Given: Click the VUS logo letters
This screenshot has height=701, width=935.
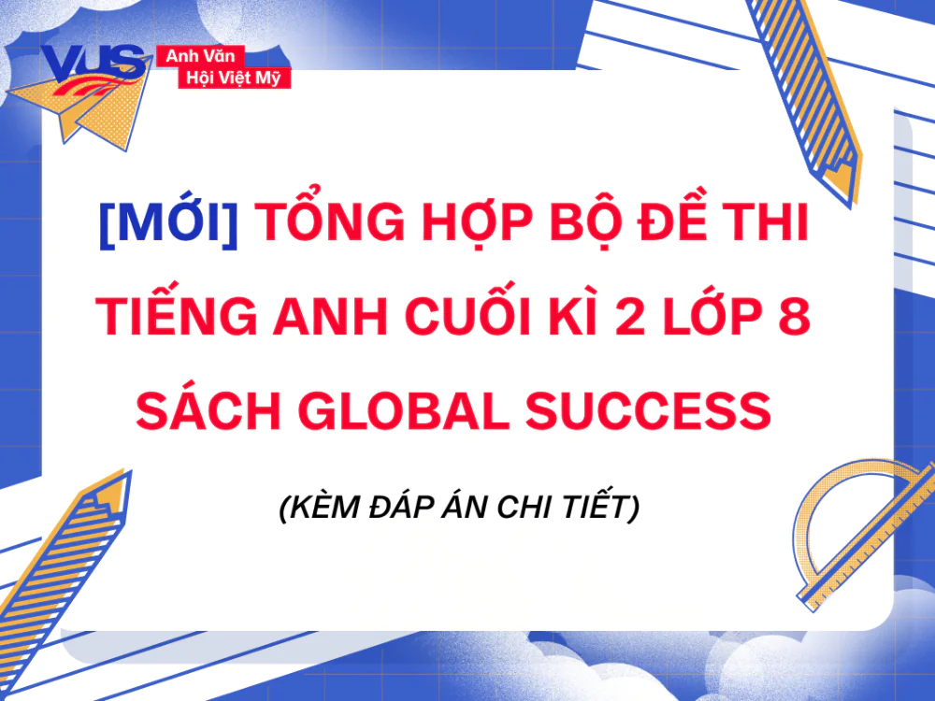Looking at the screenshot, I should pyautogui.click(x=93, y=64).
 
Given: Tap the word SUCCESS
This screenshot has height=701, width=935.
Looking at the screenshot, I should pyautogui.click(x=654, y=411).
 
